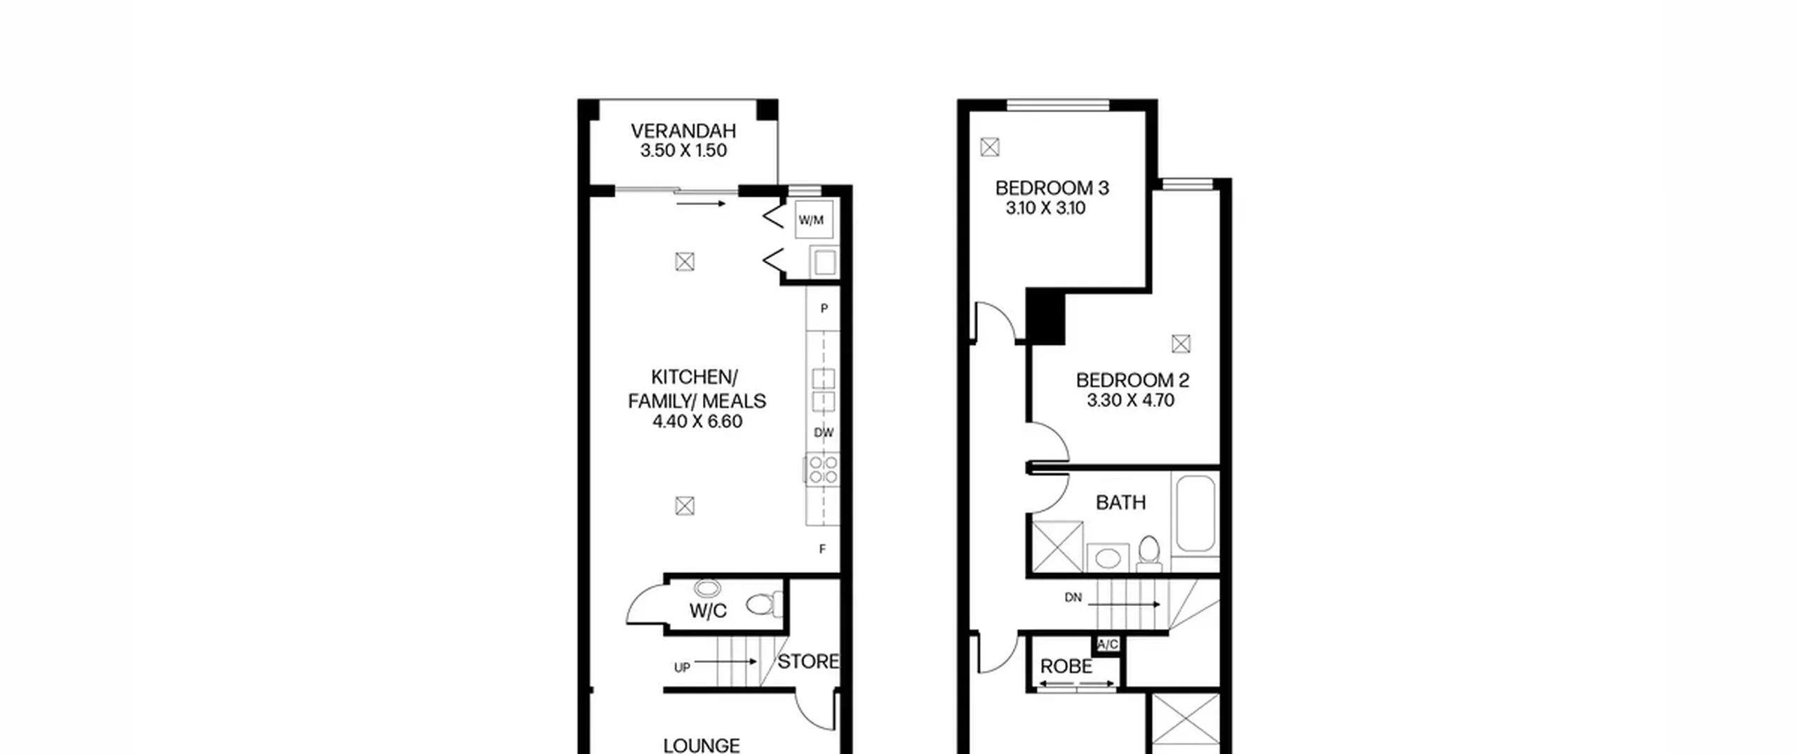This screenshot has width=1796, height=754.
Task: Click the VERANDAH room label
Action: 683,131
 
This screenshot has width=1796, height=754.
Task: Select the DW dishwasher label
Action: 824,433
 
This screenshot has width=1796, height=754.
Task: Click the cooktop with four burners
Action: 823,469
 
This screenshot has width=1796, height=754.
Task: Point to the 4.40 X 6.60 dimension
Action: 697,422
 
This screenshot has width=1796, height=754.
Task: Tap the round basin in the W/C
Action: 706,588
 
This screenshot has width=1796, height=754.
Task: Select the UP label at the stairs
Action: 682,668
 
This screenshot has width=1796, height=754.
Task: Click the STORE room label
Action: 808,661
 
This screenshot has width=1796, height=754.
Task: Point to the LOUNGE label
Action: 702,745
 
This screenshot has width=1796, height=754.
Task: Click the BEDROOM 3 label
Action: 1052,188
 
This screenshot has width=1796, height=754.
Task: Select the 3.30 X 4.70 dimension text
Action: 1131,400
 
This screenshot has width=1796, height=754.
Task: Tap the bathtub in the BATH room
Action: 1196,514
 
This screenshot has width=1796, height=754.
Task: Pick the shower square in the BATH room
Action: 1058,546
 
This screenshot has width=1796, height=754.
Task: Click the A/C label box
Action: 1108,645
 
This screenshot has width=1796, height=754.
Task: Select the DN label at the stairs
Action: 1073,598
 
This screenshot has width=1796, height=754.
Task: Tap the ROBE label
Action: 1066,666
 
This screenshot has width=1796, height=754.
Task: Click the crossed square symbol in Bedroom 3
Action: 990,147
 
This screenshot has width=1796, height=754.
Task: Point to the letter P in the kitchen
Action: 824,309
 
